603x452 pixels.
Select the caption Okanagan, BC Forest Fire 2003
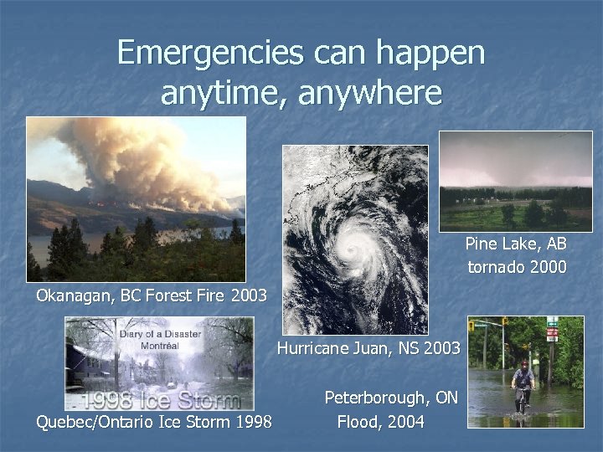pyautogui.click(x=151, y=295)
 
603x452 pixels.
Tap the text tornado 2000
pyautogui.click(x=517, y=268)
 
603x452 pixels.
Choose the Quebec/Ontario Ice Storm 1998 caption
pyautogui.click(x=153, y=422)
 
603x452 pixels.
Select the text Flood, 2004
pyautogui.click(x=380, y=422)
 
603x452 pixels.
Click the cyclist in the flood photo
pyautogui.click(x=523, y=385)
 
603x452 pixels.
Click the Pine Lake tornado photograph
pyautogui.click(x=515, y=180)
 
